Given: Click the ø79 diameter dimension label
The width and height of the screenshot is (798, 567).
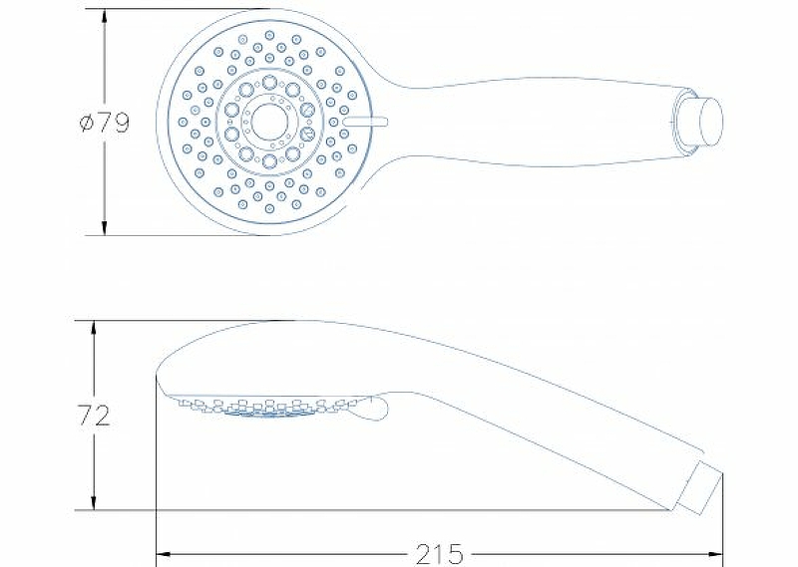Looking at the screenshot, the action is tap(105, 122).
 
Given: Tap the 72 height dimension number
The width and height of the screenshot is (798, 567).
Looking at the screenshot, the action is tap(94, 416).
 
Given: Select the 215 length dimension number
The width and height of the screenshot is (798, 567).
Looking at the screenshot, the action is tap(440, 554).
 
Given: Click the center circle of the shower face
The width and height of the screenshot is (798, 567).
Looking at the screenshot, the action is tap(269, 122).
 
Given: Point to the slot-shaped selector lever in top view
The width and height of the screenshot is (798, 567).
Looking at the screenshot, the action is tap(366, 122).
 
